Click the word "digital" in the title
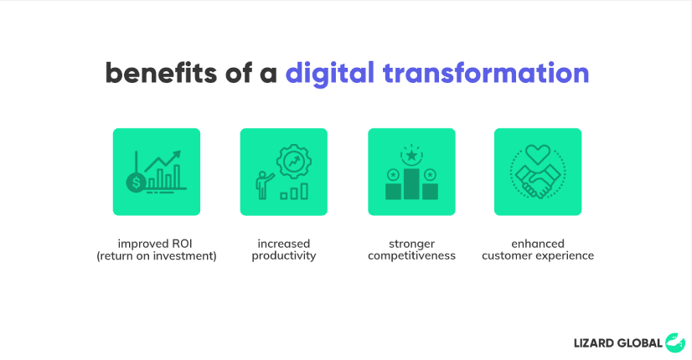coord(330,74)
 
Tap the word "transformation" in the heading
coord(486,73)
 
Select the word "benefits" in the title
coord(161,73)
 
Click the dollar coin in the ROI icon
coord(136,183)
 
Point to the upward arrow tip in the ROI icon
coord(179,152)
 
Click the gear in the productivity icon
coord(294,162)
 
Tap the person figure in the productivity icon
coord(263,185)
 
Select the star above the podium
coord(411,155)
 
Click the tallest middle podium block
coord(411,184)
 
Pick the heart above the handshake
coord(538,154)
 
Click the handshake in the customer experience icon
coord(538,181)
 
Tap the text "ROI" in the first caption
coord(183,244)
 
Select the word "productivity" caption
coord(284,256)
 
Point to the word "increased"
coord(284,244)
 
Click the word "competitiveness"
coord(411,256)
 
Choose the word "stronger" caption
coord(411,244)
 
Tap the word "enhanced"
coord(538,244)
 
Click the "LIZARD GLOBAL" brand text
coord(618,343)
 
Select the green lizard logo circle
coord(674,342)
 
